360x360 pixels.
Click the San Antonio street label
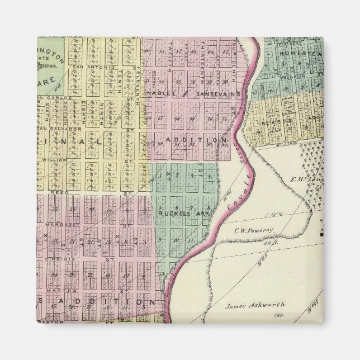(x=86, y=68)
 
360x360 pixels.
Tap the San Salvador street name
(x=53, y=129)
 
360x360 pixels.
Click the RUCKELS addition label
(x=179, y=214)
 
